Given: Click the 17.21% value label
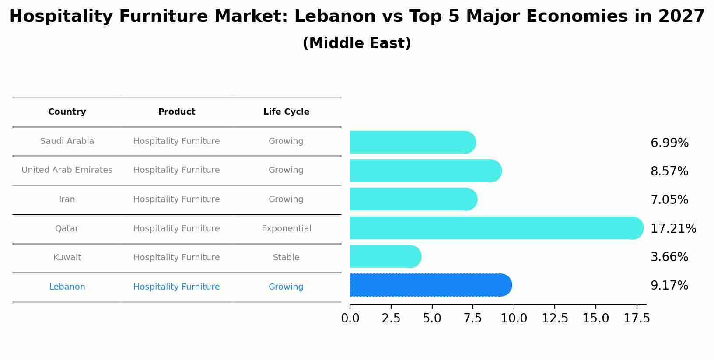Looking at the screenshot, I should pos(673,228).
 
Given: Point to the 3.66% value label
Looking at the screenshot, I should pos(669,257).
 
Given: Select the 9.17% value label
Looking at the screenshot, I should pos(669,286).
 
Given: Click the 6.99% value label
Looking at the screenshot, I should pos(669,143).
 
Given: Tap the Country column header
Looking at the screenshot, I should pos(67,112).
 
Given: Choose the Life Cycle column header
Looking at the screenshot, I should pos(286,112).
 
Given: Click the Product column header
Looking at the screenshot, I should pos(176,112).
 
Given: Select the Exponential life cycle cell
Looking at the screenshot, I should pos(286,229).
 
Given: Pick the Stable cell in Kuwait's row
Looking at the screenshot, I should pos(286,258).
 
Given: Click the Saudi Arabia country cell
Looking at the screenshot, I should pos(67,141).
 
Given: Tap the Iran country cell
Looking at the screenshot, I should pos(67,199).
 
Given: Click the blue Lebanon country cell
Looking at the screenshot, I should pos(67,287).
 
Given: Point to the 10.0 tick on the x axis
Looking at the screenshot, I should pos(514,318).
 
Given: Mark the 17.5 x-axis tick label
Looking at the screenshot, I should pos(637,318).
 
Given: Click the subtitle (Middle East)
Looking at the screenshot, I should pos(357,43).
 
